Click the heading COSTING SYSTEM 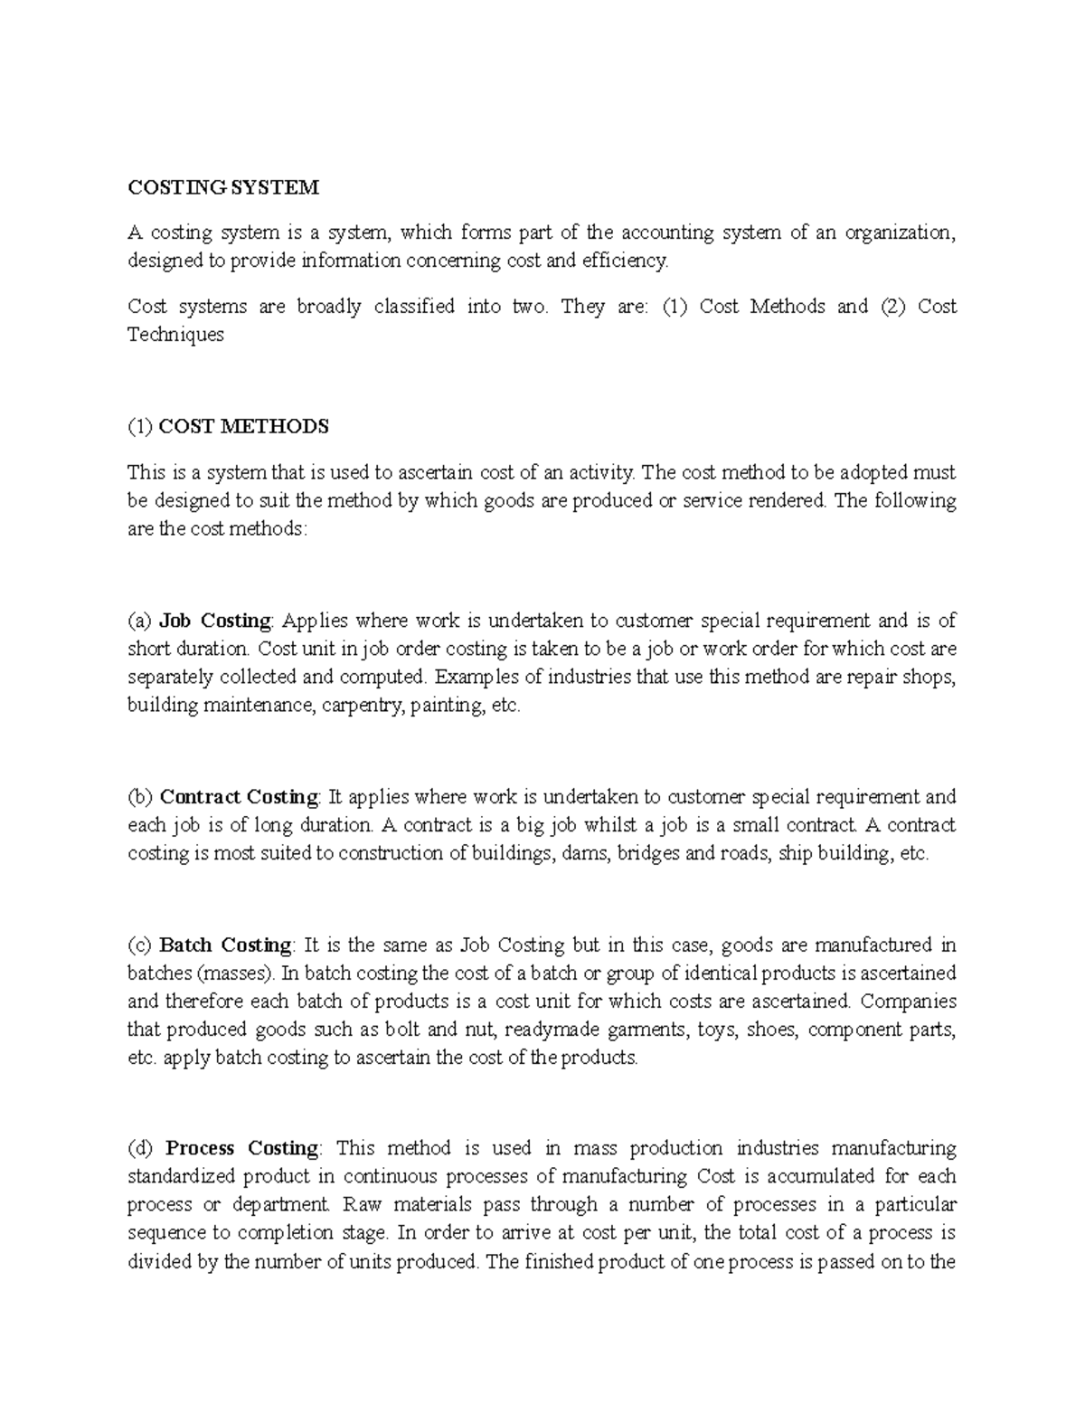pos(223,187)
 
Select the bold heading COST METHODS pos(243,426)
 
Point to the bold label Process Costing pos(241,1148)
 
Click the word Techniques pos(175,335)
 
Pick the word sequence pos(165,1232)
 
